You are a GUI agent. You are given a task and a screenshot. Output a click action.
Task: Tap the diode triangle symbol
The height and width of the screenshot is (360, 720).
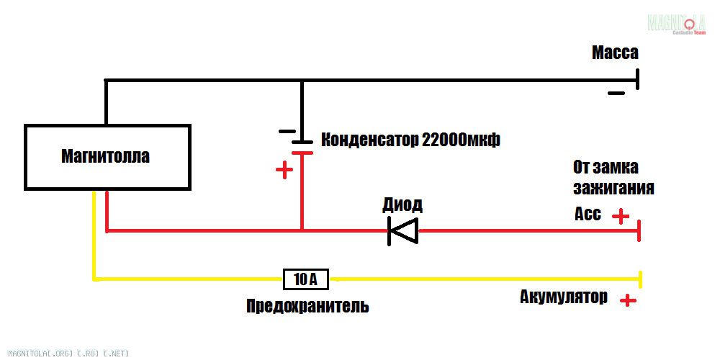click(x=402, y=230)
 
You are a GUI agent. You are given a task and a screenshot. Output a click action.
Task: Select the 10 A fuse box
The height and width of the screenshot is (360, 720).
click(x=306, y=279)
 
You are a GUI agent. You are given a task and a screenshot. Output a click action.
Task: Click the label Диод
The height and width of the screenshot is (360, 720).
click(x=402, y=205)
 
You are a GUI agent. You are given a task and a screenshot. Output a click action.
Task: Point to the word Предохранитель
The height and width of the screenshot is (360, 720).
click(x=307, y=306)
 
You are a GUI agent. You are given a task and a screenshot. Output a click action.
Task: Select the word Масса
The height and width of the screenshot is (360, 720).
click(x=615, y=53)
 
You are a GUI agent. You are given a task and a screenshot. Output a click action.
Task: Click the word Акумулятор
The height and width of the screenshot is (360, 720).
click(x=564, y=297)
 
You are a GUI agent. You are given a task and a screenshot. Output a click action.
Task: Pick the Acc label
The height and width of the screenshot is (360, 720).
click(x=588, y=214)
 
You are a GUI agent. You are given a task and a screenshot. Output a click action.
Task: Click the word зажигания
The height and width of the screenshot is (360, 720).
click(x=613, y=188)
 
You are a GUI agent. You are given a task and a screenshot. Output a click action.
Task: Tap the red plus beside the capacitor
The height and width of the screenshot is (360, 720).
click(x=284, y=171)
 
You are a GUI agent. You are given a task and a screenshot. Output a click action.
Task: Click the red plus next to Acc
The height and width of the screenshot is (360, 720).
click(x=621, y=216)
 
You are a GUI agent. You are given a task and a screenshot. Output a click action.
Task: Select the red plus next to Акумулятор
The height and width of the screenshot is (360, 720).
click(x=628, y=301)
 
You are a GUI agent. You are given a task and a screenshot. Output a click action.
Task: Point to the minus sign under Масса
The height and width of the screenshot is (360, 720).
click(x=616, y=93)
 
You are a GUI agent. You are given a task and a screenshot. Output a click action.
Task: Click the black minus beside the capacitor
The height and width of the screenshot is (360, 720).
click(x=287, y=131)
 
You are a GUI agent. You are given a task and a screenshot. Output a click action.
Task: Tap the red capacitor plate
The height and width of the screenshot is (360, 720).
click(x=302, y=153)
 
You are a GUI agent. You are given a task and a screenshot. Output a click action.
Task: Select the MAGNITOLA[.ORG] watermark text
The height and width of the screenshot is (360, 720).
click(x=69, y=354)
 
